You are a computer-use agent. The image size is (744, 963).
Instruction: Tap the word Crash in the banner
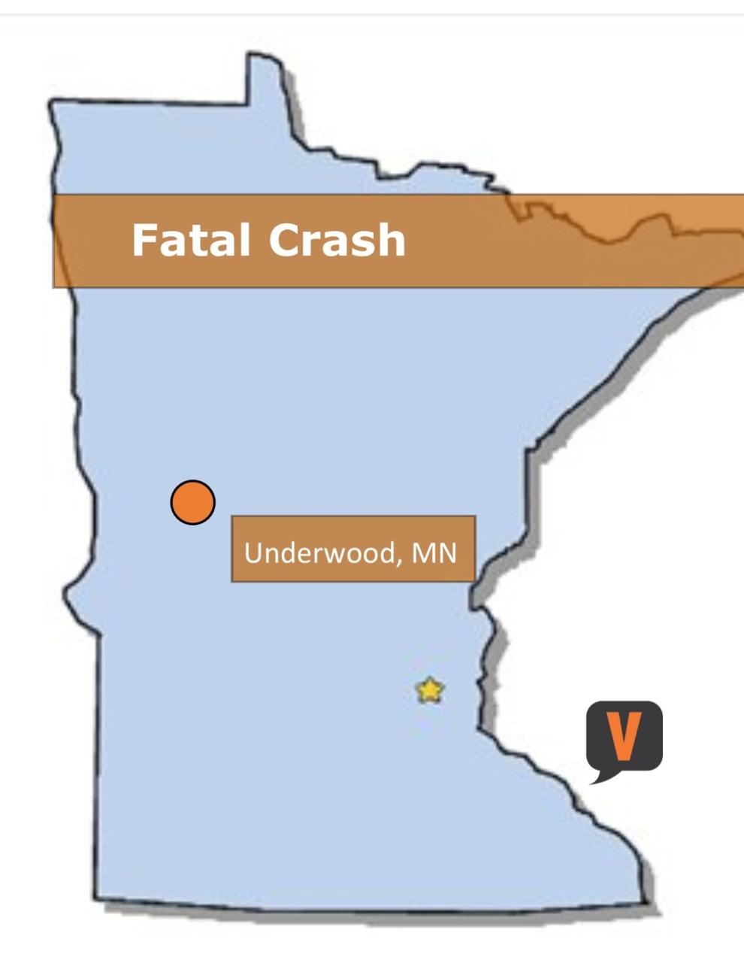tap(336, 240)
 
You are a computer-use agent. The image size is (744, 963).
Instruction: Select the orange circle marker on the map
tap(193, 502)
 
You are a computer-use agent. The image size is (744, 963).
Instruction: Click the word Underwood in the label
tap(316, 553)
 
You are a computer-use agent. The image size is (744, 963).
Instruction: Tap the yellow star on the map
tap(429, 690)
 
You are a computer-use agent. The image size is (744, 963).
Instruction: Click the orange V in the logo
tap(625, 734)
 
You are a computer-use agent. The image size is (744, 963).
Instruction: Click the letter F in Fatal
tap(142, 240)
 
